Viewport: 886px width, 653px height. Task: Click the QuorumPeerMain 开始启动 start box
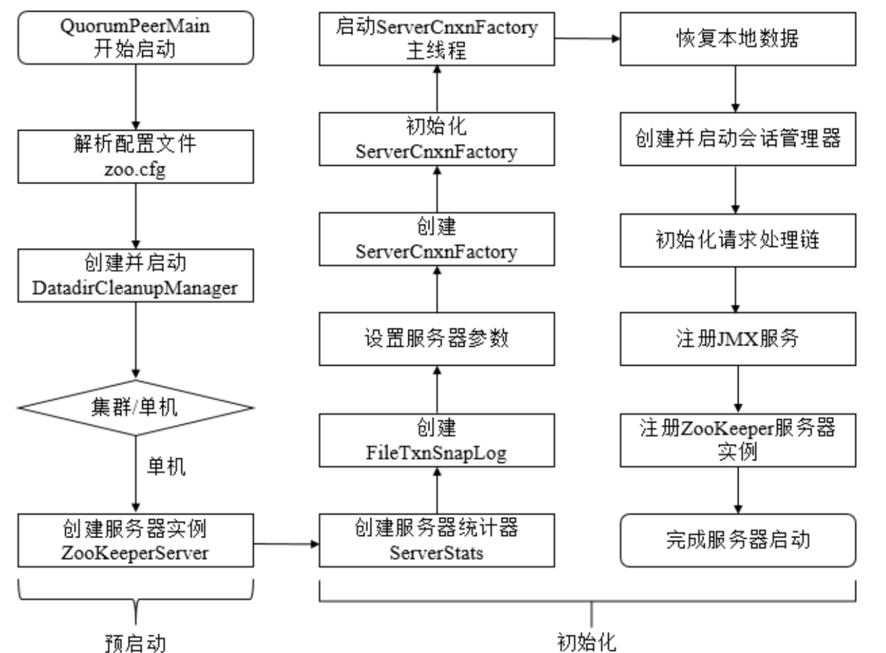point(135,39)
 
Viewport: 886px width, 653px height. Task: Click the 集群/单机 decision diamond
point(135,408)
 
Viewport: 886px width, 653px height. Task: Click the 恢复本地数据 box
point(737,39)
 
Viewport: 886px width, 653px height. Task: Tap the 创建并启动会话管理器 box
point(737,140)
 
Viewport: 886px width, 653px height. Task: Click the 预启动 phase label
point(135,641)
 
